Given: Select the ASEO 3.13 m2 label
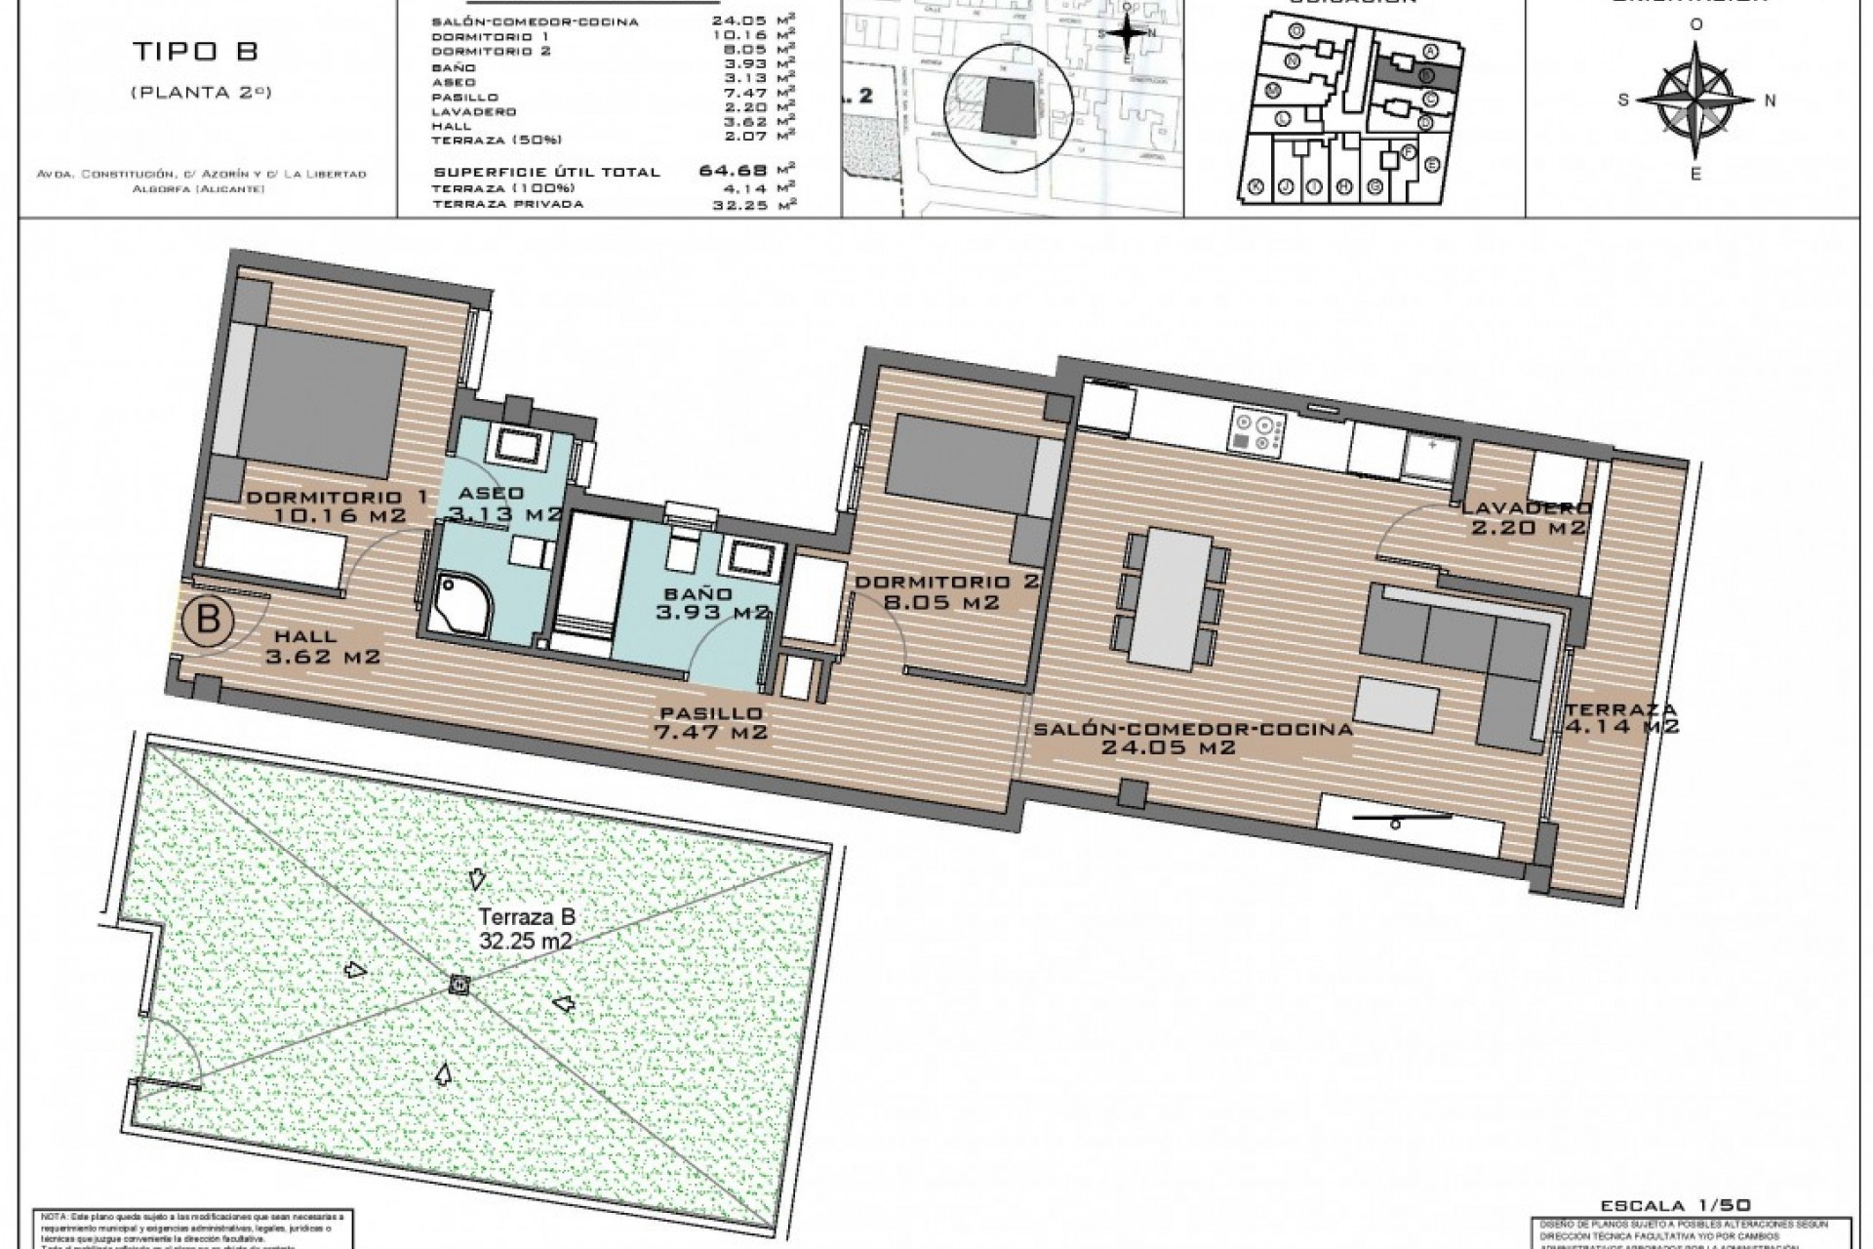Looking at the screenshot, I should pos(500,503).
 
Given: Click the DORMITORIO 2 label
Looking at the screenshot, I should pos(945,592).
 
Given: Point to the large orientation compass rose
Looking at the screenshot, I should pos(1695,100).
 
